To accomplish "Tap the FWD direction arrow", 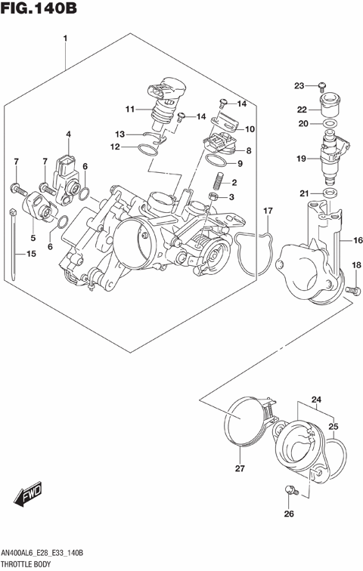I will pyautogui.click(x=27, y=497).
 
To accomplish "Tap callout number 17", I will pyautogui.click(x=266, y=209).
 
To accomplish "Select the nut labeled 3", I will pyautogui.click(x=214, y=197).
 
